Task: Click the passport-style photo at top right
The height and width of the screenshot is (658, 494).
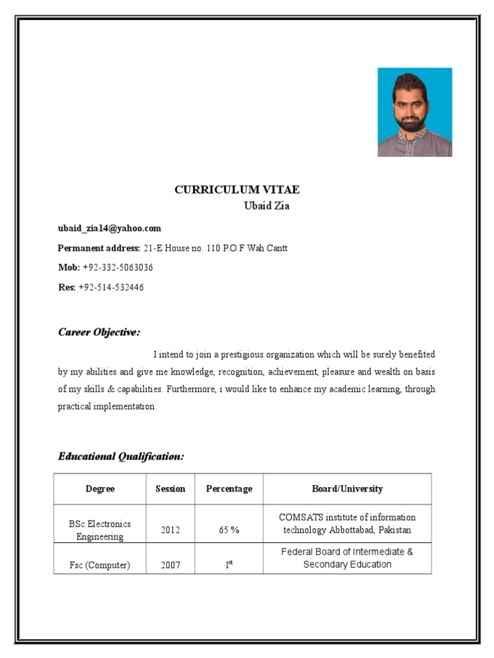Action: [414, 112]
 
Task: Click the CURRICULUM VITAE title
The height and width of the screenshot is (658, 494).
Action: [237, 190]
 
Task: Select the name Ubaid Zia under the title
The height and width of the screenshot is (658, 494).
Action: [266, 206]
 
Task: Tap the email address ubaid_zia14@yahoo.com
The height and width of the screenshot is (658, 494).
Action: [109, 228]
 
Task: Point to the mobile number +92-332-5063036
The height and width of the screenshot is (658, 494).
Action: [118, 267]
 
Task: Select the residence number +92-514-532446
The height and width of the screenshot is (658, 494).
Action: [111, 287]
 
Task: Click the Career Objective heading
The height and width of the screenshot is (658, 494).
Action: [99, 332]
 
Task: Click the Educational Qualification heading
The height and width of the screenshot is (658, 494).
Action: [121, 456]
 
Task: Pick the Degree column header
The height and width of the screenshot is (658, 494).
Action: [100, 489]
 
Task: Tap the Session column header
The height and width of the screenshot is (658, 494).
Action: [170, 489]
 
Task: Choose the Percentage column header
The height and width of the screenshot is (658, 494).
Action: [229, 489]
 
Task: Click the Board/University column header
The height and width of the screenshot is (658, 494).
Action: [347, 489]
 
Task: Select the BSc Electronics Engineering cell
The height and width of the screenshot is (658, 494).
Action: [100, 530]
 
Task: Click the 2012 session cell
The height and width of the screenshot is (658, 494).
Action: [170, 530]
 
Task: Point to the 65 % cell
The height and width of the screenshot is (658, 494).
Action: [229, 530]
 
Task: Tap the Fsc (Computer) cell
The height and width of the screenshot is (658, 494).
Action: [100, 565]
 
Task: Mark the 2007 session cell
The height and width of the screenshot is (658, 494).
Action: [170, 565]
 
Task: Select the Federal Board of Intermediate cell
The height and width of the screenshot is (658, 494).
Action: [347, 558]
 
